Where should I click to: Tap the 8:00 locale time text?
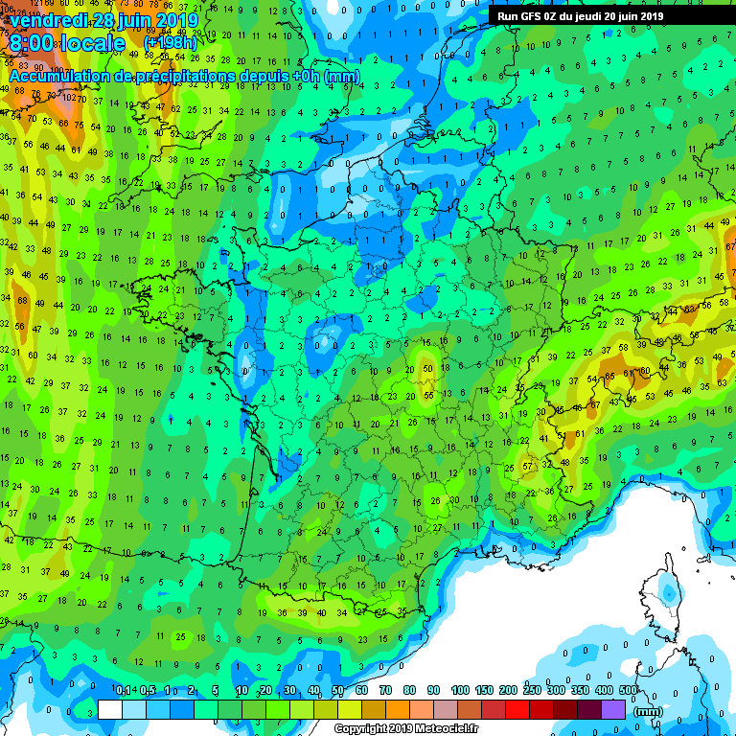65,43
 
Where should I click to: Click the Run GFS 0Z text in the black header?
527,16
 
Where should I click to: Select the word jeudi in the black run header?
596,16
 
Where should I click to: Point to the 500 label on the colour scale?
629,690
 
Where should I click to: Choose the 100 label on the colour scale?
460,690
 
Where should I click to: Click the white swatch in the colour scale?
110,709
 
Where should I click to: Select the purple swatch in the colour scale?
614,709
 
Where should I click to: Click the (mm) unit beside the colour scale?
649,711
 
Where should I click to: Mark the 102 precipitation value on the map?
68,97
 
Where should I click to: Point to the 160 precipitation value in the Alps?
645,371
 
